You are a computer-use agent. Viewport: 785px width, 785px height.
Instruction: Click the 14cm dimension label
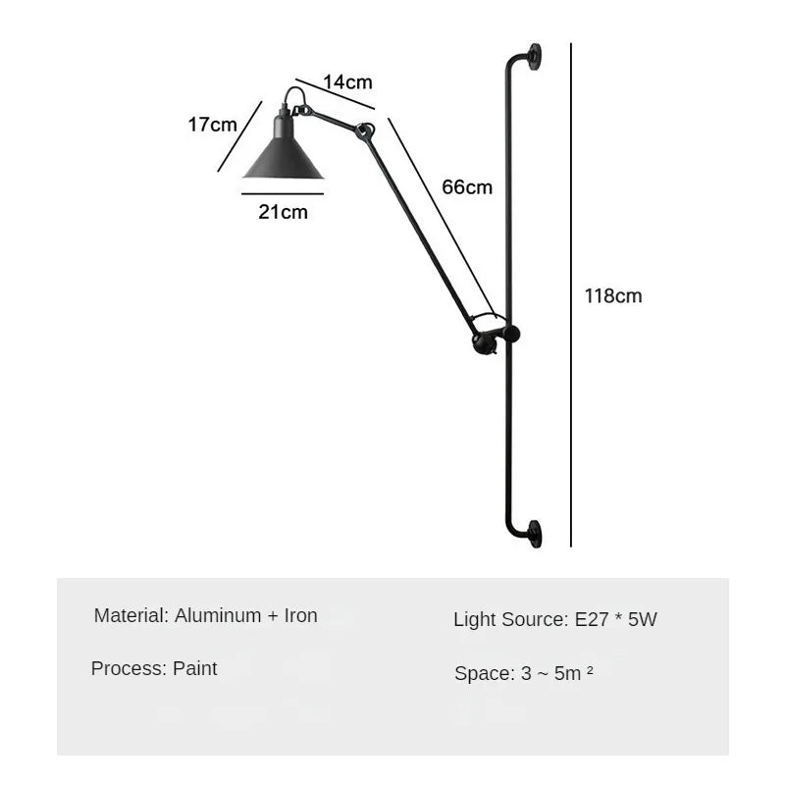pyautogui.click(x=347, y=82)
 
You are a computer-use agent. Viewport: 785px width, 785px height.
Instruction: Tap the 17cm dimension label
pyautogui.click(x=212, y=125)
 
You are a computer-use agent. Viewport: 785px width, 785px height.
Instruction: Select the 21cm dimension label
pyautogui.click(x=283, y=212)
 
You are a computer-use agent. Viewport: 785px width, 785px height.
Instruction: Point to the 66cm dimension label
pyautogui.click(x=467, y=187)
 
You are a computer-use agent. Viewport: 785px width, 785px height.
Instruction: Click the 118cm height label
pyautogui.click(x=612, y=296)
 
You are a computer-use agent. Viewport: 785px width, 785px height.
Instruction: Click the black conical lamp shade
pyautogui.click(x=284, y=150)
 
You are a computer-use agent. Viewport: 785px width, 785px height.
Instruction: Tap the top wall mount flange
pyautogui.click(x=534, y=57)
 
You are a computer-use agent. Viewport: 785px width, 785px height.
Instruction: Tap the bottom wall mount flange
pyautogui.click(x=534, y=534)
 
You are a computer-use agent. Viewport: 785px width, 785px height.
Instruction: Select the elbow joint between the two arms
pyautogui.click(x=364, y=131)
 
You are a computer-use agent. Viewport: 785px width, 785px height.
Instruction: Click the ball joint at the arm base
pyautogui.click(x=484, y=342)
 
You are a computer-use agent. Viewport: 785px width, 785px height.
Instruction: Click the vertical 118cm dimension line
pyautogui.click(x=571, y=295)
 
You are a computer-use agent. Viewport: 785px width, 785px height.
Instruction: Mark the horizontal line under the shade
pyautogui.click(x=283, y=193)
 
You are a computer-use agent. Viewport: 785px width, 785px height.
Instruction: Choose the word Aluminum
pyautogui.click(x=218, y=615)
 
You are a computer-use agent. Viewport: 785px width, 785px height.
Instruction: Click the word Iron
pyautogui.click(x=301, y=615)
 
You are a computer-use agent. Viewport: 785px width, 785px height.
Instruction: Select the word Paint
pyautogui.click(x=194, y=668)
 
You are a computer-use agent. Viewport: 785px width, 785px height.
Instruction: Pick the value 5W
pyautogui.click(x=643, y=619)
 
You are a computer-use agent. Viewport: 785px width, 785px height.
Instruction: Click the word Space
pyautogui.click(x=485, y=673)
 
